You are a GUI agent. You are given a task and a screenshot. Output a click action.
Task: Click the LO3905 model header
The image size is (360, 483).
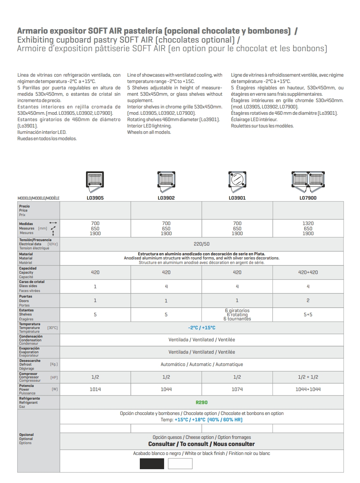tap(95, 198)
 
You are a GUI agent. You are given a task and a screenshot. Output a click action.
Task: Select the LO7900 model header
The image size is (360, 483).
tap(308, 198)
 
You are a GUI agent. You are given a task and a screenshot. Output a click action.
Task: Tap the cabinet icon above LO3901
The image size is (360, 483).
tap(237, 181)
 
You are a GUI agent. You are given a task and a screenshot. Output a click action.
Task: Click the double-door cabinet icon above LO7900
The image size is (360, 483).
tap(308, 181)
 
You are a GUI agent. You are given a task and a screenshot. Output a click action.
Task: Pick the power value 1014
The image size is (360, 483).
tap(95, 390)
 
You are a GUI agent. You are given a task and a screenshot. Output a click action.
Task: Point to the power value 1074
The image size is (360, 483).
tap(237, 390)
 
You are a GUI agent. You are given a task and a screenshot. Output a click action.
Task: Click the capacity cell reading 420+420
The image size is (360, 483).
tap(308, 273)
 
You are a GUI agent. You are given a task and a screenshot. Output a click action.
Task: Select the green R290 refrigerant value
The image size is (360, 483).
tap(201, 403)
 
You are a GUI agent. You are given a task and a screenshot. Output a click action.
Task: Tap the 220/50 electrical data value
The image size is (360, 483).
tap(201, 244)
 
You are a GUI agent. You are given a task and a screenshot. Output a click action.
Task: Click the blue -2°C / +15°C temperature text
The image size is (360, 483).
tap(201, 328)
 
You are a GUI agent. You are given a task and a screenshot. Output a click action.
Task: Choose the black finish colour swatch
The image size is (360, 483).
tap(152, 464)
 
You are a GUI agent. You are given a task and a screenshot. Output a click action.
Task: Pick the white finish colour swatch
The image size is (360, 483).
tap(180, 464)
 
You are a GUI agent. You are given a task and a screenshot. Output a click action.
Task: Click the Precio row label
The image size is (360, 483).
tap(24, 206)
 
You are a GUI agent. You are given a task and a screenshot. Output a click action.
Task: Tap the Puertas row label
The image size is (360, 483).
tap(25, 296)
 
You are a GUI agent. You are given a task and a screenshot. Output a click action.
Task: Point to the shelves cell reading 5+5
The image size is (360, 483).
tap(308, 315)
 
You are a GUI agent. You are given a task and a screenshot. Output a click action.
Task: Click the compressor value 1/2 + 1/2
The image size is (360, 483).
tap(308, 377)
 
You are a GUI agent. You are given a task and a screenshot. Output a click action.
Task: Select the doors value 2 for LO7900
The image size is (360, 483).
tap(308, 301)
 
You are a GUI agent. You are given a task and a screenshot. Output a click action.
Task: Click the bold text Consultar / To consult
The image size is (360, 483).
tap(201, 444)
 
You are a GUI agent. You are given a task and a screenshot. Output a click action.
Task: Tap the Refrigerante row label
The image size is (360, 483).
tap(30, 399)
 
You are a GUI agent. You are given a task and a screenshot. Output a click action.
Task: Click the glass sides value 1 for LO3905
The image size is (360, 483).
tap(95, 287)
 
